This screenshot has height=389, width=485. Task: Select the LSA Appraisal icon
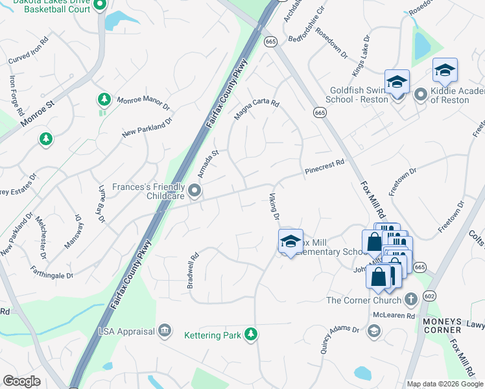(x=165, y=331)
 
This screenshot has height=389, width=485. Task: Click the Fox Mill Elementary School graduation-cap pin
(x=290, y=241)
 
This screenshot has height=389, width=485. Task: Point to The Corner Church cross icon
(x=410, y=300)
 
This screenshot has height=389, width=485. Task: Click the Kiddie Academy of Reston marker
(x=420, y=95)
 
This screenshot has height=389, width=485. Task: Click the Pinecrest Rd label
(x=324, y=168)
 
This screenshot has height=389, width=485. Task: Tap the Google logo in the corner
(x=21, y=381)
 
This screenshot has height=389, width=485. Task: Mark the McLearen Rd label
(x=394, y=316)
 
